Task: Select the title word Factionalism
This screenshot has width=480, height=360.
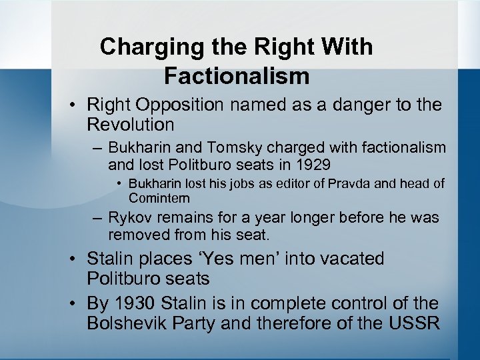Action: [x=237, y=76]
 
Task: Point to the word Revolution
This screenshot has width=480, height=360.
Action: [x=131, y=125]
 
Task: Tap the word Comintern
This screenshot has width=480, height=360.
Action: [x=159, y=198]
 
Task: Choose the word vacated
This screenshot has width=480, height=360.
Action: [x=346, y=259]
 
